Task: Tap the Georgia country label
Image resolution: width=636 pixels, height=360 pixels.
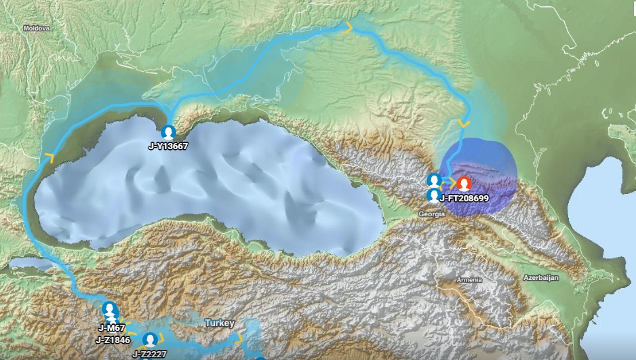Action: click(432, 214)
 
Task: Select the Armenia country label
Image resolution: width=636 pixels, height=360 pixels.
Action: click(469, 279)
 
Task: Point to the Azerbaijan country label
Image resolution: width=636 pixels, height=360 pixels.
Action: click(540, 278)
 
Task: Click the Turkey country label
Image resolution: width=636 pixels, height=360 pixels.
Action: click(220, 323)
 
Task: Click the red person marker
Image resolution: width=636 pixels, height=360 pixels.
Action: click(464, 184)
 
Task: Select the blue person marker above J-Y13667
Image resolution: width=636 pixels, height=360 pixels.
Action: click(169, 132)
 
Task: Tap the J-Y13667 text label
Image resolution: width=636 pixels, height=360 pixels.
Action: click(168, 146)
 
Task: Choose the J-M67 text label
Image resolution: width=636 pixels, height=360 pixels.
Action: click(110, 328)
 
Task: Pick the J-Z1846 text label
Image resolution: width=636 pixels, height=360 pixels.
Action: click(113, 340)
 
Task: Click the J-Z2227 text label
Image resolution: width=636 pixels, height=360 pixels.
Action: click(148, 353)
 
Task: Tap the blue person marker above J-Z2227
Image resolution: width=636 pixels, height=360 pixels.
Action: click(151, 339)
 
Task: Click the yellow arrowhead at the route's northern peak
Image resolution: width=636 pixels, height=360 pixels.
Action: click(349, 27)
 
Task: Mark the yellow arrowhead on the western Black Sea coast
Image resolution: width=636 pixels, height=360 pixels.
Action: click(49, 157)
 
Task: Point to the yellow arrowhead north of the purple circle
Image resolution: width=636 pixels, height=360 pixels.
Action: click(464, 123)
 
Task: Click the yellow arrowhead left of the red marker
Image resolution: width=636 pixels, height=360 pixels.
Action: click(450, 182)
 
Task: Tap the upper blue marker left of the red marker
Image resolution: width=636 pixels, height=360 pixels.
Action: click(435, 180)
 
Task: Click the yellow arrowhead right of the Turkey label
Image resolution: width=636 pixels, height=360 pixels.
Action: click(238, 337)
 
